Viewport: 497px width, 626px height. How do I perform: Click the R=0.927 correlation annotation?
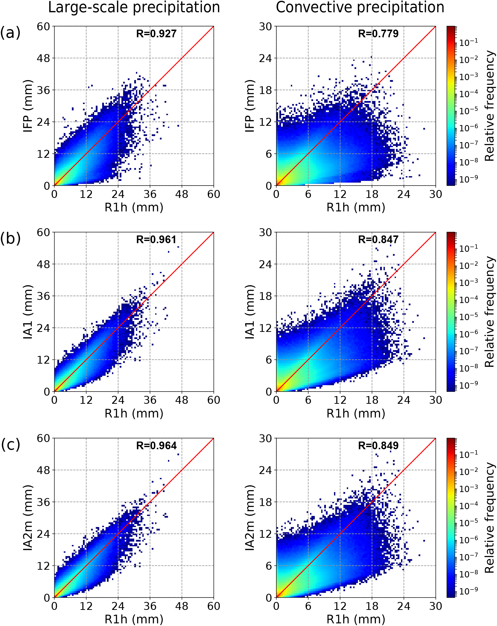[156, 34]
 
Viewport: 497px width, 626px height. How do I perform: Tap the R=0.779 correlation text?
[378, 34]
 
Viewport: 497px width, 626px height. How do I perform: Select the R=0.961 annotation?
[156, 240]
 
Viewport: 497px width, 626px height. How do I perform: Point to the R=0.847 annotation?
[378, 240]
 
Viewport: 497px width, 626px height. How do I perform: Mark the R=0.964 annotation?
[156, 445]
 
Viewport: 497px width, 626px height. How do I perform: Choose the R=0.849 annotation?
[378, 445]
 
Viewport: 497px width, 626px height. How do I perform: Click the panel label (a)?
[10, 32]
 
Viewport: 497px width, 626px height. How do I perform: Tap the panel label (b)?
[10, 238]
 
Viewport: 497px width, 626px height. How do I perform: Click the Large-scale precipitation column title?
[134, 7]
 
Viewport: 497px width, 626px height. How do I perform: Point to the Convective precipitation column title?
[360, 7]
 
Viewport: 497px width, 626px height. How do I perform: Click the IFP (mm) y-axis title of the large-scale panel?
[28, 106]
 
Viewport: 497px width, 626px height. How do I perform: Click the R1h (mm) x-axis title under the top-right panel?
[356, 207]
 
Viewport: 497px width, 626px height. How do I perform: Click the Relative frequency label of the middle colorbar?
[490, 312]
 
